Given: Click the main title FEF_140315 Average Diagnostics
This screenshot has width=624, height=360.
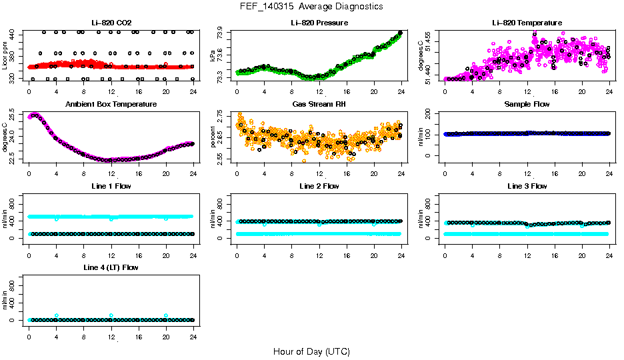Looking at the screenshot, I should (x=312, y=6).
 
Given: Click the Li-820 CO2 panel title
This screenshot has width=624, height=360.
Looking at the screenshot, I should (x=111, y=23).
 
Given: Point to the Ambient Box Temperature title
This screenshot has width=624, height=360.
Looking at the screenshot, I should (x=111, y=104).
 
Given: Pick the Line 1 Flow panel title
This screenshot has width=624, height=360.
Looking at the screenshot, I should (x=111, y=186).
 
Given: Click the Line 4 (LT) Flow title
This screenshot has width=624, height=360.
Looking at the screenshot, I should (x=111, y=267).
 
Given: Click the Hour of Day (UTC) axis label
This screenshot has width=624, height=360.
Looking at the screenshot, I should (x=311, y=351).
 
